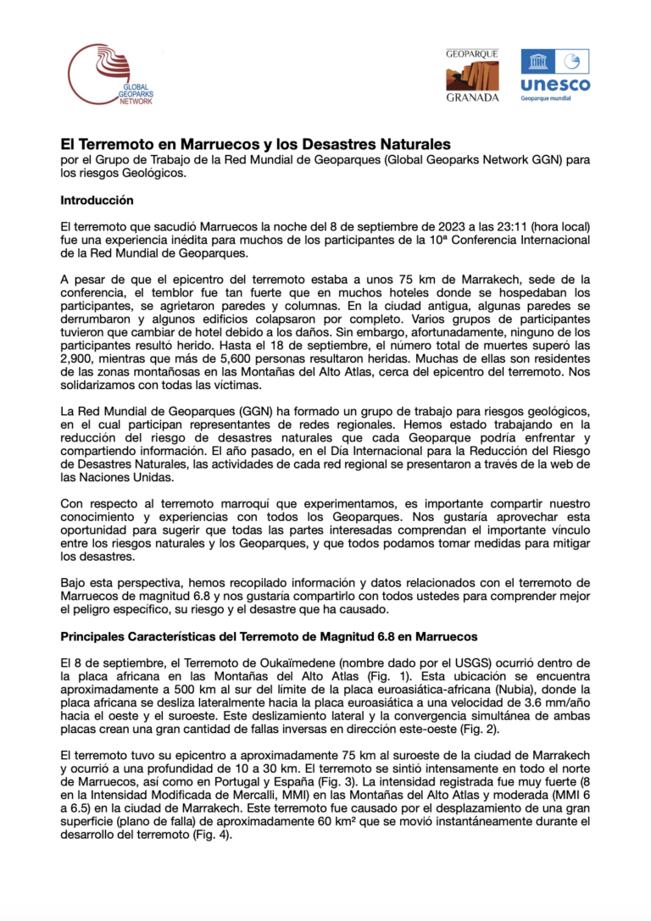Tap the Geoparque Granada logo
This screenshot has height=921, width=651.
click(x=472, y=75)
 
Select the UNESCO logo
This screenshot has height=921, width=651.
click(x=555, y=75)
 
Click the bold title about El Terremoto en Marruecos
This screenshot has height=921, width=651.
click(x=254, y=144)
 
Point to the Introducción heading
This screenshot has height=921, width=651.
click(x=97, y=201)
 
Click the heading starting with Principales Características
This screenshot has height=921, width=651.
click(x=269, y=635)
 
